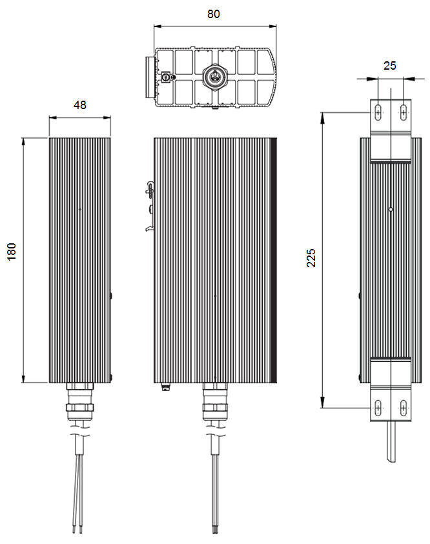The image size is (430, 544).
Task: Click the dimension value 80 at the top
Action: click(214, 14)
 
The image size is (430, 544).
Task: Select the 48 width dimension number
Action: click(79, 105)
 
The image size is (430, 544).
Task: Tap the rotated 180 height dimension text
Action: click(12, 252)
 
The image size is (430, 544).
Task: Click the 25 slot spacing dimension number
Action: click(390, 65)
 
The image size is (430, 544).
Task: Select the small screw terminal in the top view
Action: click(165, 76)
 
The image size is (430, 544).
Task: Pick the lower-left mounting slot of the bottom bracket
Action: click(376, 407)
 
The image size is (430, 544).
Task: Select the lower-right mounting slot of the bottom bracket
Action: click(403, 407)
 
